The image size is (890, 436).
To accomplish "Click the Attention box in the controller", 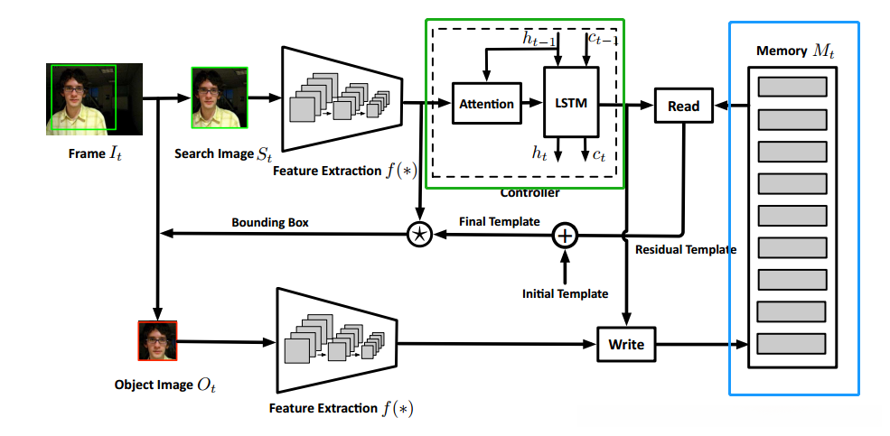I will coord(486,104).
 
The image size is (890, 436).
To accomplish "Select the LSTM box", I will coord(569,104).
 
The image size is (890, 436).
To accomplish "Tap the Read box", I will coord(683,106).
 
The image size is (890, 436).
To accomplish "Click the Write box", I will coord(626,344).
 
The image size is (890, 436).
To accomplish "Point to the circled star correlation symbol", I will coord(419,235).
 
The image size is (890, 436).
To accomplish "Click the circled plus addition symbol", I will coord(564,236).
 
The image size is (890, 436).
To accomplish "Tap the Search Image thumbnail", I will coord(218,99).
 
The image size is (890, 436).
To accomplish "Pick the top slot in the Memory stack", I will coord(792,87).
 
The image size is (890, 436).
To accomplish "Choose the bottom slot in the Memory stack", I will coord(792,344).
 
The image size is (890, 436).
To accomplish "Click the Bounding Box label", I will coord(267,221).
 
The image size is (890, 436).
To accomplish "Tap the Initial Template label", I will coord(565,293).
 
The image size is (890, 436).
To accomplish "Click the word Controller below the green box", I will coord(529,192).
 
